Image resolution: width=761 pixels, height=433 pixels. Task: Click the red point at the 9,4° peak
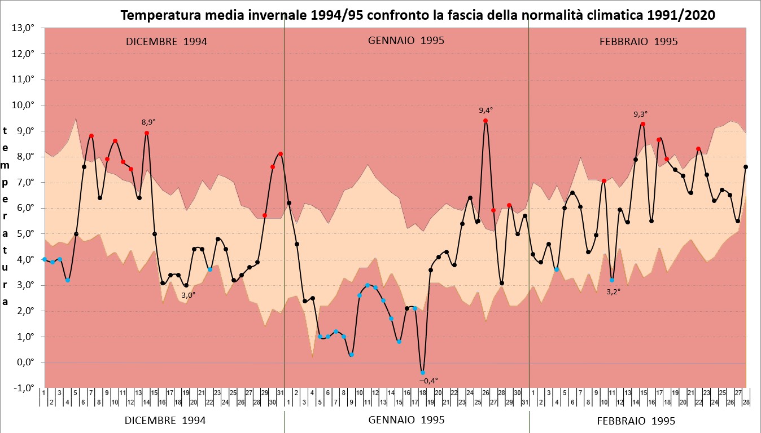pos(486,121)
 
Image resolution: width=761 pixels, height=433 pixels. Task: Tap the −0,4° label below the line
pos(428,381)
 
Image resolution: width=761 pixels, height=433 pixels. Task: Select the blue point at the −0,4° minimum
pos(422,373)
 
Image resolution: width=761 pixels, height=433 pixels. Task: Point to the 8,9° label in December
pos(148,122)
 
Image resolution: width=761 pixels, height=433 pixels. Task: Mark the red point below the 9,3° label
pos(643,124)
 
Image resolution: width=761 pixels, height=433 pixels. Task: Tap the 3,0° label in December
pos(188,294)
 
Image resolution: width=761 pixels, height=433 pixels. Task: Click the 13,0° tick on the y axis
pos(24,28)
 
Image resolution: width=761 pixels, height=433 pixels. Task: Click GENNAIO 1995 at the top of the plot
pos(406,41)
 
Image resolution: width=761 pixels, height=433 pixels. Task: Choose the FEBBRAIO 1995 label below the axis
pos(636,421)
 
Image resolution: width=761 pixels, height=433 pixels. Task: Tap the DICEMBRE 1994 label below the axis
pos(165,420)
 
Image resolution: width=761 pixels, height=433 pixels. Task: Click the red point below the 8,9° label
pos(147,133)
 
